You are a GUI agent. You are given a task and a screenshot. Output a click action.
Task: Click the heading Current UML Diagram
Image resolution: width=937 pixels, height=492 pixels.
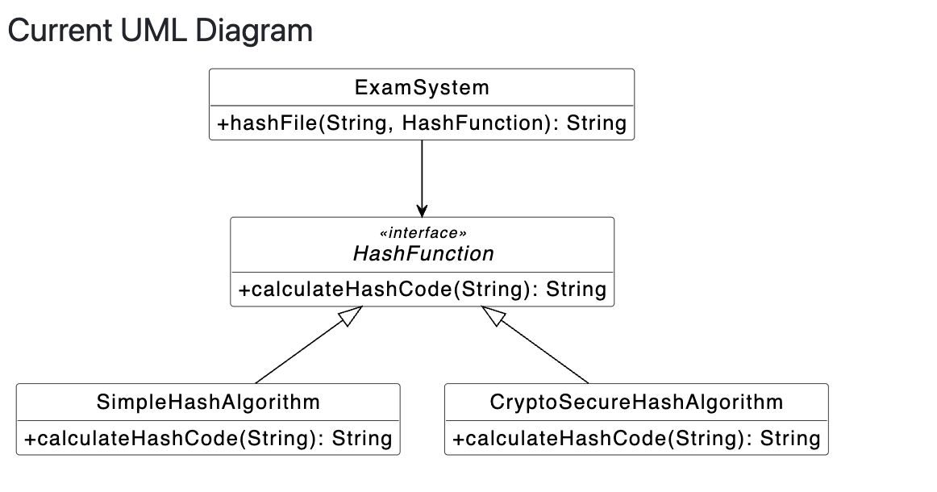pyautogui.click(x=160, y=31)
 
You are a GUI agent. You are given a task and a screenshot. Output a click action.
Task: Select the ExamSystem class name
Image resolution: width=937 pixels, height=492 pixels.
pyautogui.click(x=422, y=87)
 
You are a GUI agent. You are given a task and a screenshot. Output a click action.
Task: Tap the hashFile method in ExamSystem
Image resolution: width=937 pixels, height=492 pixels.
pyautogui.click(x=422, y=123)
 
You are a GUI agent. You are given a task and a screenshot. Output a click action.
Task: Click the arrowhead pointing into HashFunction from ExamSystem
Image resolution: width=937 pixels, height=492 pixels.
pyautogui.click(x=422, y=211)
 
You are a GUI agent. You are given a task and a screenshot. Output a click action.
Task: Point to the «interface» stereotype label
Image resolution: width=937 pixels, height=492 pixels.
pyautogui.click(x=423, y=232)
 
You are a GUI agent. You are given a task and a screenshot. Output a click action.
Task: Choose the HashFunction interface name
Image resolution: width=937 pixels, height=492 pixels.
pyautogui.click(x=423, y=253)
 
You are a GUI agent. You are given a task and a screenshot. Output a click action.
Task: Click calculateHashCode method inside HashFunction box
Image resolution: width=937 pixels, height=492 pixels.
pyautogui.click(x=423, y=290)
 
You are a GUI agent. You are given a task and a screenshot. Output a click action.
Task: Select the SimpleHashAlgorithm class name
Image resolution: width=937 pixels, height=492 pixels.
pyautogui.click(x=208, y=402)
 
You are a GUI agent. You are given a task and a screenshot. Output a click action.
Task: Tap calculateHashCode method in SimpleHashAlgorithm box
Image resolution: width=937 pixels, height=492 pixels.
pyautogui.click(x=208, y=438)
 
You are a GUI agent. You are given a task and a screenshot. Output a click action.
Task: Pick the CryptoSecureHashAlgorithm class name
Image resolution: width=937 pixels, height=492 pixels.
pyautogui.click(x=636, y=402)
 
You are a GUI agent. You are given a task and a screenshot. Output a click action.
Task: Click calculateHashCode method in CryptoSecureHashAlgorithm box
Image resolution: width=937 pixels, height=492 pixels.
pyautogui.click(x=636, y=438)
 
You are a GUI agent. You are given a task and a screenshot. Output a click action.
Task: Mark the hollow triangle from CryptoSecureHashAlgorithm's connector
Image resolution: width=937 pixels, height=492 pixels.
pyautogui.click(x=493, y=315)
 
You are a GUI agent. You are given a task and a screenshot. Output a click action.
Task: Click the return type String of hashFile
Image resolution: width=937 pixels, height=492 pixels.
pyautogui.click(x=597, y=123)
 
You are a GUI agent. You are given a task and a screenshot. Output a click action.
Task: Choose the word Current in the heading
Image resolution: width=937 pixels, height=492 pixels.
pyautogui.click(x=60, y=31)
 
